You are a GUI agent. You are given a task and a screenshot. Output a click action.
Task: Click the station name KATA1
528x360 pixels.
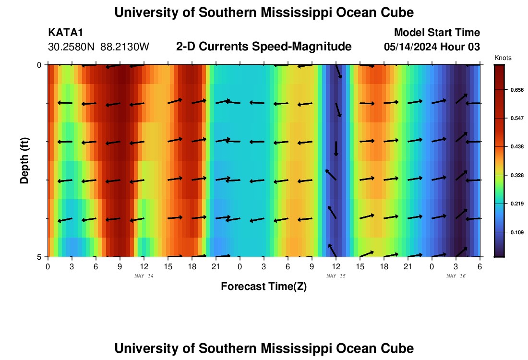coord(66,33)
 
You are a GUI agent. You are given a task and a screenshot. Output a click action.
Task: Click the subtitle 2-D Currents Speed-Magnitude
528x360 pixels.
coord(264,47)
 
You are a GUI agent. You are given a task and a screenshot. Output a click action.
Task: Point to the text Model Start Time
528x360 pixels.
coord(437,33)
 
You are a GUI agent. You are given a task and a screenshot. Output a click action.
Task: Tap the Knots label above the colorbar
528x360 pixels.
coord(503,58)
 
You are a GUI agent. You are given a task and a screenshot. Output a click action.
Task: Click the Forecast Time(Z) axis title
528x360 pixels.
coord(264,287)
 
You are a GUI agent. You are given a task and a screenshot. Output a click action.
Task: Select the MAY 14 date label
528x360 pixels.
coord(144,276)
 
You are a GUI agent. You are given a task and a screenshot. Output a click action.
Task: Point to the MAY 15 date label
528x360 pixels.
coord(336,276)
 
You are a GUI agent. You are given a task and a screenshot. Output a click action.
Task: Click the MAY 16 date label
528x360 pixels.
coord(456,276)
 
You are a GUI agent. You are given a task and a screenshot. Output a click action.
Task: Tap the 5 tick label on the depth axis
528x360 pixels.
coord(39,257)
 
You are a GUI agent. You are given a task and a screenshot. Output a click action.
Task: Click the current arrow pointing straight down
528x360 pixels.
coord(336,148)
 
